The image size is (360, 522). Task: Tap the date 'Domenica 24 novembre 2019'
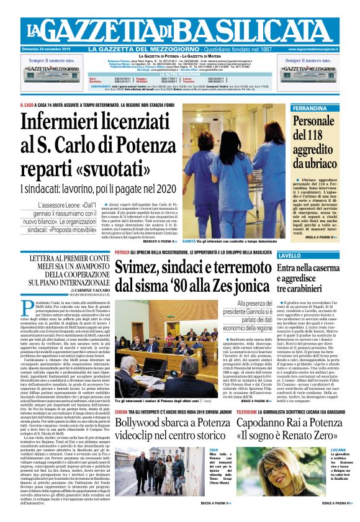click(x=48, y=49)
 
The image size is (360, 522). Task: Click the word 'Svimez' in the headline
click(x=146, y=268)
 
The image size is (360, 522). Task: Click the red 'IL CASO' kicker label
click(x=28, y=104)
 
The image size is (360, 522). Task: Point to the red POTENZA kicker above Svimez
click(x=122, y=253)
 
